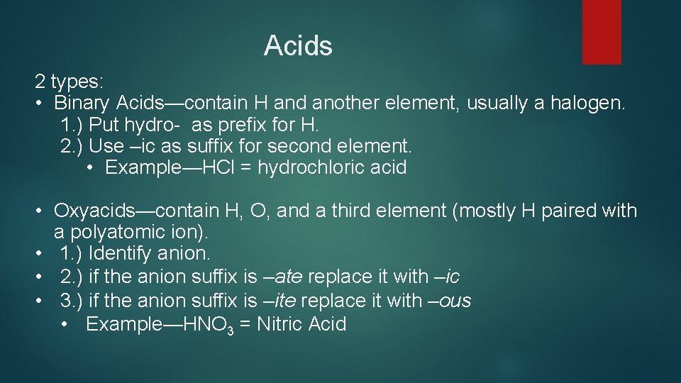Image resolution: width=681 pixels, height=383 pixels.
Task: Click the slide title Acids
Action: click(x=298, y=46)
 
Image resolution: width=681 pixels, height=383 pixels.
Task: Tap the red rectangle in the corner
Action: click(x=602, y=31)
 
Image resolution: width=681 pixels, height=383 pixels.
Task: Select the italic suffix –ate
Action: click(x=276, y=277)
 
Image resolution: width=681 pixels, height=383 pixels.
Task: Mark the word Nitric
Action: click(x=279, y=325)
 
